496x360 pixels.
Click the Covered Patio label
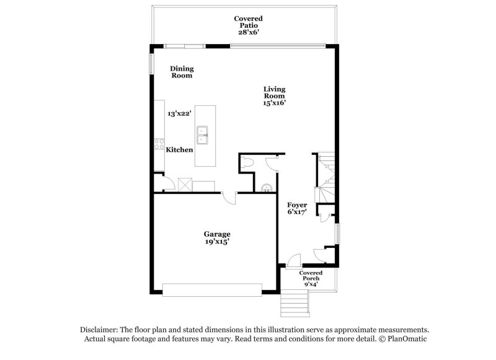pyautogui.click(x=249, y=22)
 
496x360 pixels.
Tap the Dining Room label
pyautogui.click(x=182, y=72)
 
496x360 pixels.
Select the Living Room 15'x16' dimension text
pyautogui.click(x=275, y=103)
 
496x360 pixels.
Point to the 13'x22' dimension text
pyautogui.click(x=179, y=113)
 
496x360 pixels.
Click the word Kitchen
pyautogui.click(x=179, y=150)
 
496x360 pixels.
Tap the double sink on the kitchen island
pyautogui.click(x=202, y=135)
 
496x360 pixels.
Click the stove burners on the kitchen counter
pyautogui.click(x=159, y=144)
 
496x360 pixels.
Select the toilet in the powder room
pyautogui.click(x=247, y=162)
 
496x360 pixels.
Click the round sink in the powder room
pyautogui.click(x=267, y=188)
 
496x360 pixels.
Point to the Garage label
pyautogui.click(x=217, y=234)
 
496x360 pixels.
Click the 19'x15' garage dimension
pyautogui.click(x=217, y=242)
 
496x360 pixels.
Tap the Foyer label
pyautogui.click(x=297, y=205)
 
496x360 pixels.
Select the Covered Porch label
pyautogui.click(x=311, y=276)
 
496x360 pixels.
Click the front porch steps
pyautogui.click(x=295, y=304)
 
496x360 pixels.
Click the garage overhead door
pyautogui.click(x=212, y=290)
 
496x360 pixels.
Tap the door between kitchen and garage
pyautogui.click(x=229, y=198)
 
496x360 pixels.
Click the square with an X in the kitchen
pyautogui.click(x=185, y=185)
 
